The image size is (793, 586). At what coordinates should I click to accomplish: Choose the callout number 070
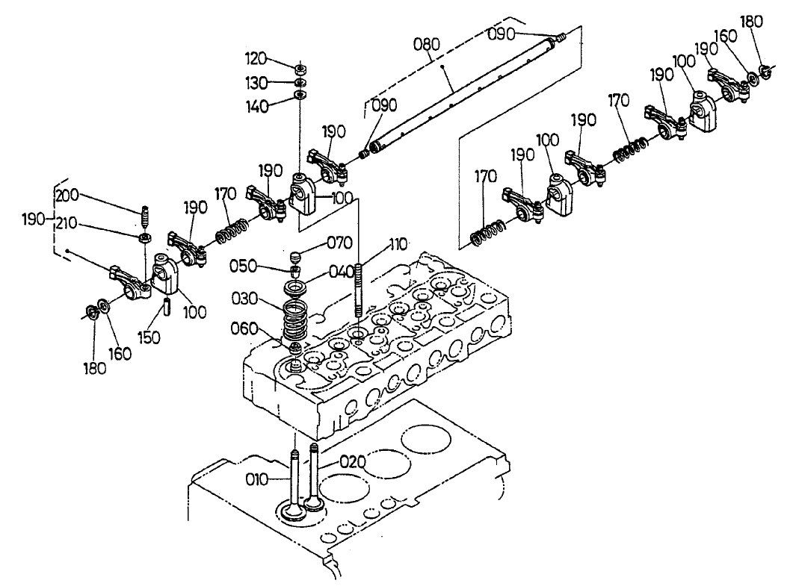coord(338,242)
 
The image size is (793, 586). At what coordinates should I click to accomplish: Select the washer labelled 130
coord(299,81)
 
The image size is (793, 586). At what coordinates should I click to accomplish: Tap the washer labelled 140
coord(299,95)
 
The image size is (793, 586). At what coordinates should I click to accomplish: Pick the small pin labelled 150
coord(167,307)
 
